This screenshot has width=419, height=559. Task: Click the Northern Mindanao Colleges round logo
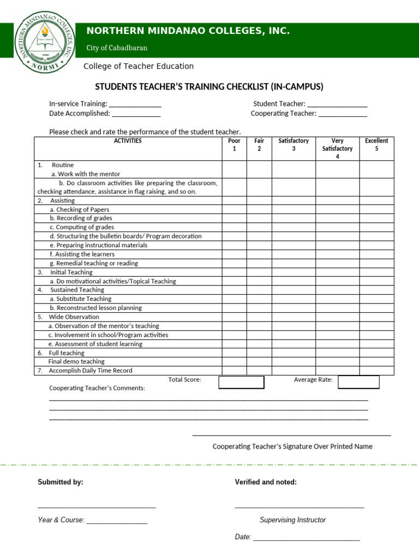[45, 43]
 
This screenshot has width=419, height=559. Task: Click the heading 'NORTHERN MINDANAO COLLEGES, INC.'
[188, 31]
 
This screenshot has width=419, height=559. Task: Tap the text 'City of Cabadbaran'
[117, 48]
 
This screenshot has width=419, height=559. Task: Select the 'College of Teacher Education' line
[138, 66]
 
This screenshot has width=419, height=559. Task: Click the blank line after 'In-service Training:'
[135, 104]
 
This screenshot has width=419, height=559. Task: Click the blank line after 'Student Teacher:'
[337, 104]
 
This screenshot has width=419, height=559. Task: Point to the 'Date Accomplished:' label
[80, 114]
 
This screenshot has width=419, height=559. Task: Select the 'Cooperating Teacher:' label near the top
[283, 114]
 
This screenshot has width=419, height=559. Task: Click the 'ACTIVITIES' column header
[128, 141]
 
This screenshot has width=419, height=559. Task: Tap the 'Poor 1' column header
[234, 145]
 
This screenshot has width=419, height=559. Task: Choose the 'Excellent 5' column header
[376, 145]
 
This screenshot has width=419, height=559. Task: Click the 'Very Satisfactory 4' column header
[337, 148]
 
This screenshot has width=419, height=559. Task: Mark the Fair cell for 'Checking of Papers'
[259, 210]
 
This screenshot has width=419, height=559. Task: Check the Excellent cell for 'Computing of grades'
[376, 227]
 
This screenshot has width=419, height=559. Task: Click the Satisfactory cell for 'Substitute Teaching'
[294, 299]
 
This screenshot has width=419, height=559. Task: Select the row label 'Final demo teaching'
[76, 361]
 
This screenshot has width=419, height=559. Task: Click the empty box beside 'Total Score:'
[241, 382]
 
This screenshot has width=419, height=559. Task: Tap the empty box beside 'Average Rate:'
[358, 382]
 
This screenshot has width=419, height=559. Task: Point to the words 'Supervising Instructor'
[292, 520]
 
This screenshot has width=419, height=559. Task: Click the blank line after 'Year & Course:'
[117, 521]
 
